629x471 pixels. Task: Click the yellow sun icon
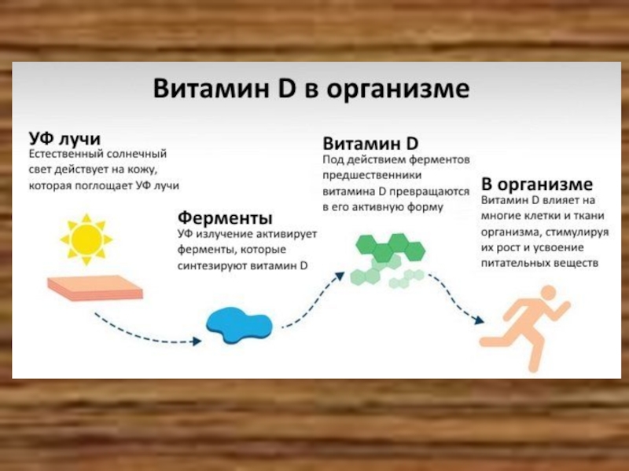click(x=86, y=238)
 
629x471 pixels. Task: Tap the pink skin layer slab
click(x=95, y=289)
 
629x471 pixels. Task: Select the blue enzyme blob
click(x=239, y=324)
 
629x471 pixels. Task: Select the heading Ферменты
click(x=225, y=216)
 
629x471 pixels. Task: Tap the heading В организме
click(x=536, y=184)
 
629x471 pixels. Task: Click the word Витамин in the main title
click(x=211, y=89)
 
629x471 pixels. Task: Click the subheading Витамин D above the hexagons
click(x=370, y=144)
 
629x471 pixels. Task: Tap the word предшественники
click(x=366, y=175)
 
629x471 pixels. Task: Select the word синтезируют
click(x=217, y=265)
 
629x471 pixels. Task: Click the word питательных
click(x=519, y=264)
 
